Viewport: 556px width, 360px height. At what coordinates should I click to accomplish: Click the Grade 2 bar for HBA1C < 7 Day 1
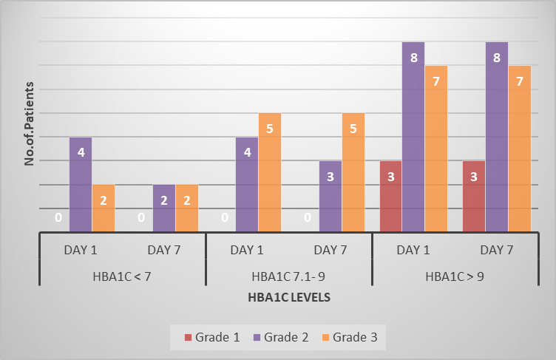(81, 184)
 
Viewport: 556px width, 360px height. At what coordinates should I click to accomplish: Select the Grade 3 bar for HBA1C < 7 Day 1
(104, 208)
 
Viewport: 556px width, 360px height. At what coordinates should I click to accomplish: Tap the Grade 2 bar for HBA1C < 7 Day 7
(164, 208)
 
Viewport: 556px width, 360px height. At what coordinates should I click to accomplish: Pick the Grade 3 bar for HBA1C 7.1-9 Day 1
(270, 172)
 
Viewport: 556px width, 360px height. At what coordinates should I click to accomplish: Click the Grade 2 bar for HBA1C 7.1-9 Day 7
(330, 197)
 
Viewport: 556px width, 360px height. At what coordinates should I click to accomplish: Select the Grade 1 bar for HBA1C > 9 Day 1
(391, 197)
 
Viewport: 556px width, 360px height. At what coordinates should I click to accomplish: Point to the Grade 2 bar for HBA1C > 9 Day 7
(497, 137)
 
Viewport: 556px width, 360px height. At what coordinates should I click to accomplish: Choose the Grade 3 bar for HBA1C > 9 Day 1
(436, 149)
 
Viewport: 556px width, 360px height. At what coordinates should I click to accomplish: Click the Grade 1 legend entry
(212, 337)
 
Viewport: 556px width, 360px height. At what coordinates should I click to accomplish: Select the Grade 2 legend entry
(281, 337)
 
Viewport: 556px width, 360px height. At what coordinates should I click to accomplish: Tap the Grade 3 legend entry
(350, 337)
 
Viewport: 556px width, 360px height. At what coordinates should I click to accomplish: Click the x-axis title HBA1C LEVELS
(289, 297)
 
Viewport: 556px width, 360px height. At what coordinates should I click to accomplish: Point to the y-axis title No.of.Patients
(29, 123)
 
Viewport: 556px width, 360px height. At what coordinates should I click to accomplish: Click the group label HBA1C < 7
(122, 276)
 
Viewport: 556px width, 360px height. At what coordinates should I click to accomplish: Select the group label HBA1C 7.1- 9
(288, 276)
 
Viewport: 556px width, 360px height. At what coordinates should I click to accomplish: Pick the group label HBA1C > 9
(455, 276)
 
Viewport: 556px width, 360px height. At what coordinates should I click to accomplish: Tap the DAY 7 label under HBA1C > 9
(496, 250)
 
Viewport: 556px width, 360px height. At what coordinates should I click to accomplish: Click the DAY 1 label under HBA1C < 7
(81, 250)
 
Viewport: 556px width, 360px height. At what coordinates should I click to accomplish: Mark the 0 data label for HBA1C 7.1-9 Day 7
(308, 217)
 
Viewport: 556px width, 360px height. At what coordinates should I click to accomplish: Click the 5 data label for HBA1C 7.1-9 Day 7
(353, 129)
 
